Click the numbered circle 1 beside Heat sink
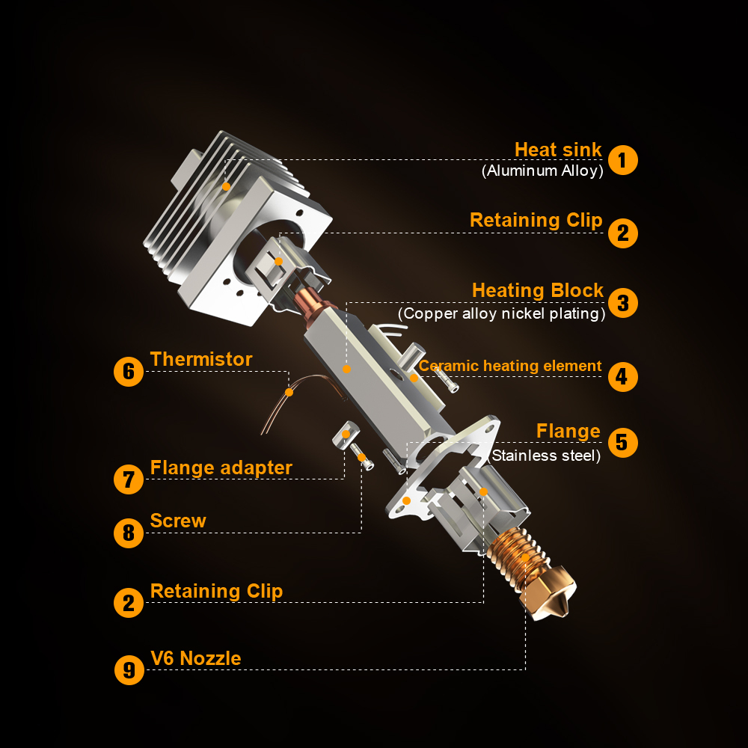622,160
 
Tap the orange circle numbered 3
622,303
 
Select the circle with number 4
622,377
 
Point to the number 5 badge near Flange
622,443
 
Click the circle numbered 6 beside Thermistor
129,372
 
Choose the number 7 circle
129,479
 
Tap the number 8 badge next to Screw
129,533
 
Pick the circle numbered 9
129,669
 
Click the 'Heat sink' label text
558,150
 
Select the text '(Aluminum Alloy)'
542,171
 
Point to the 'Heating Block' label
538,290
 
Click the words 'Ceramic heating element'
510,366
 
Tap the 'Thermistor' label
200,359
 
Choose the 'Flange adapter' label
221,468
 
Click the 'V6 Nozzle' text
195,659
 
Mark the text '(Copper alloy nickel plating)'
501,313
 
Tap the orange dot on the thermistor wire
289,392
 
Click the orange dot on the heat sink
226,186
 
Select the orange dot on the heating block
347,369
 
